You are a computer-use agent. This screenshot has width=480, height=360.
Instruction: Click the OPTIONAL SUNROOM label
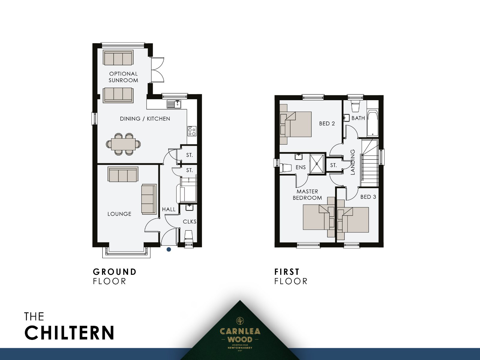123,77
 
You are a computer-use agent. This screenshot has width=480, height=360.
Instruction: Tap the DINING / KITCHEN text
145,119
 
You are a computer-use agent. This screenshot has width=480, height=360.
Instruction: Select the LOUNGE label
119,214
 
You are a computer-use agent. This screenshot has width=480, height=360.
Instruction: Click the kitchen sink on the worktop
174,104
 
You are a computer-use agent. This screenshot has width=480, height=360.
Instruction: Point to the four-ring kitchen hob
192,131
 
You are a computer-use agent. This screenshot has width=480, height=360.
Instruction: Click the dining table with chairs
123,144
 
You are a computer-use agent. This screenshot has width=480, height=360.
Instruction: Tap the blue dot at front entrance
169,249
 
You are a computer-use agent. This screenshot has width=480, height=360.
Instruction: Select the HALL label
169,209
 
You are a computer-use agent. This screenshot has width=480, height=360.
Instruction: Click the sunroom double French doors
157,70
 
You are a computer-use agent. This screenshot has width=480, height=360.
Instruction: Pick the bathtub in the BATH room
372,124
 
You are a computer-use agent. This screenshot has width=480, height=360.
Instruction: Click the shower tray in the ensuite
317,164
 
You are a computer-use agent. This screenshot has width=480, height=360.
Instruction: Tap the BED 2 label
327,124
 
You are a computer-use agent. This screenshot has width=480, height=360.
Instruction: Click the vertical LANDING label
353,162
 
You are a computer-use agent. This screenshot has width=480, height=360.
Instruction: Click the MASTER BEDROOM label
307,195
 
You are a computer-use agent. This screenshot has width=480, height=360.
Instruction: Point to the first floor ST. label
333,165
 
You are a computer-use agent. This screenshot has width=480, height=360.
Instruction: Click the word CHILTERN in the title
69,333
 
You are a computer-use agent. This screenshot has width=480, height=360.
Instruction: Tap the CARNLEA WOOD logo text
240,335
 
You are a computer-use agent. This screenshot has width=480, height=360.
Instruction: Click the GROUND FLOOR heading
115,276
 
